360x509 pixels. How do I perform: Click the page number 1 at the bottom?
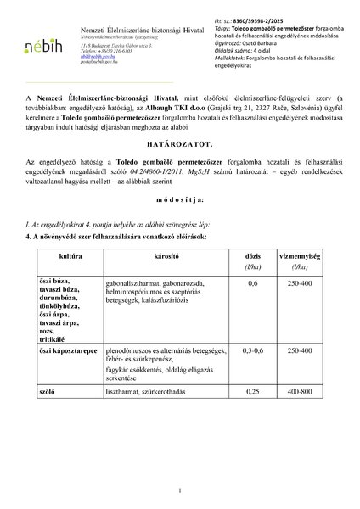180,490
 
